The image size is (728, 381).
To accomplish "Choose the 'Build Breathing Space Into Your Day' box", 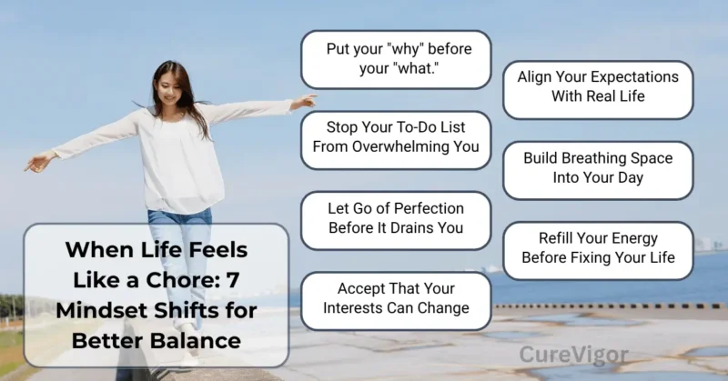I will coord(598,168).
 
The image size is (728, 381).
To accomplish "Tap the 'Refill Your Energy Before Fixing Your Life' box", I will coord(598,248).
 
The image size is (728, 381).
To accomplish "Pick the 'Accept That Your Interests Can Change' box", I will coord(396,298).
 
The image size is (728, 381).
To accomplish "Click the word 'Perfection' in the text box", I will coord(427,209).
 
